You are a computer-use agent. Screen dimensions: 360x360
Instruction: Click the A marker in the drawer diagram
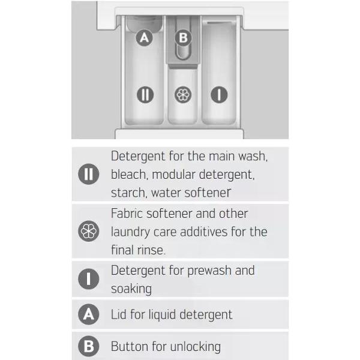(x=144, y=38)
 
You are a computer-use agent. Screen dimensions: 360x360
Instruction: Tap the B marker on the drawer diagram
(x=183, y=38)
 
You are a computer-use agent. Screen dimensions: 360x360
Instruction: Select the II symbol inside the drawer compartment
(x=145, y=95)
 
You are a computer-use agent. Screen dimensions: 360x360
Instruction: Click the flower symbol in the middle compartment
(x=183, y=95)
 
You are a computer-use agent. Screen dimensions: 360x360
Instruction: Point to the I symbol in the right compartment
(x=219, y=95)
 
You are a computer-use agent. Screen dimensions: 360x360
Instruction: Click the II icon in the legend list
(x=89, y=174)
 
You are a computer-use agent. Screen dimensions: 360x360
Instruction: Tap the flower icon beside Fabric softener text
(x=89, y=231)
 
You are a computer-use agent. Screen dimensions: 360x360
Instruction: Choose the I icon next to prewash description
(x=89, y=279)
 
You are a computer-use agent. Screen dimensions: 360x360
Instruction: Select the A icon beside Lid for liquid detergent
(x=89, y=314)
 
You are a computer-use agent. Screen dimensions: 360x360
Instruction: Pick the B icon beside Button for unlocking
(x=89, y=346)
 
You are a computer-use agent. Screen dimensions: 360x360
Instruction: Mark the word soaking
(x=131, y=289)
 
